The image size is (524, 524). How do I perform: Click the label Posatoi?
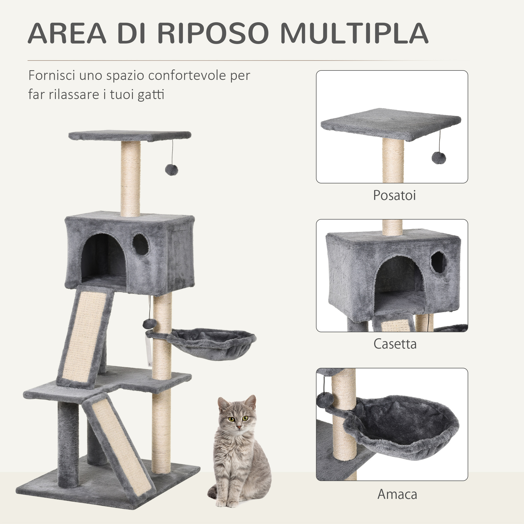[394, 195]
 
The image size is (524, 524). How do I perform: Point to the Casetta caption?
[395, 344]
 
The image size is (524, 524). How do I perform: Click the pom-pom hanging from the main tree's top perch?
[171, 170]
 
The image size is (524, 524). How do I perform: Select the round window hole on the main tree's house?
[140, 244]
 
